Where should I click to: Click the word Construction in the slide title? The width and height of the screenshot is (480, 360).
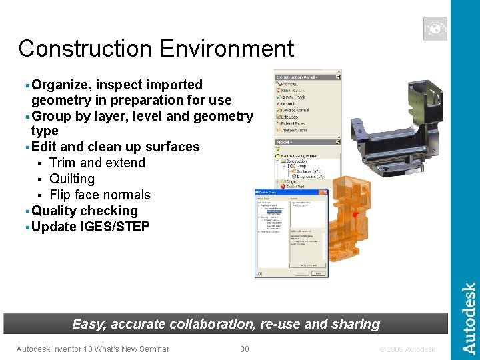click(x=85, y=49)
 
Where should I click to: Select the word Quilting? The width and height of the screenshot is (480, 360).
click(x=72, y=179)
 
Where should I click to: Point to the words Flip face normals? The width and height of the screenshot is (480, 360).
click(x=100, y=195)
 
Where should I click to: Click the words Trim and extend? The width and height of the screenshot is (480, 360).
click(x=97, y=163)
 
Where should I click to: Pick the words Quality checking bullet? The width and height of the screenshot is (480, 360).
click(x=85, y=211)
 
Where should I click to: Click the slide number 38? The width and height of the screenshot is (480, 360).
click(x=245, y=349)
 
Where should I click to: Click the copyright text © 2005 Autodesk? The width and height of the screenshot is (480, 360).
click(x=407, y=349)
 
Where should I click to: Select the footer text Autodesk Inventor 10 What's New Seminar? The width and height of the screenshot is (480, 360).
click(x=93, y=349)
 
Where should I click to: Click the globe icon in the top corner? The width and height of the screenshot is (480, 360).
click(x=435, y=29)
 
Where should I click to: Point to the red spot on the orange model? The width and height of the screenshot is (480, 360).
click(x=356, y=215)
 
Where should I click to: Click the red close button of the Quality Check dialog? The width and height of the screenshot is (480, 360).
click(x=326, y=192)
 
